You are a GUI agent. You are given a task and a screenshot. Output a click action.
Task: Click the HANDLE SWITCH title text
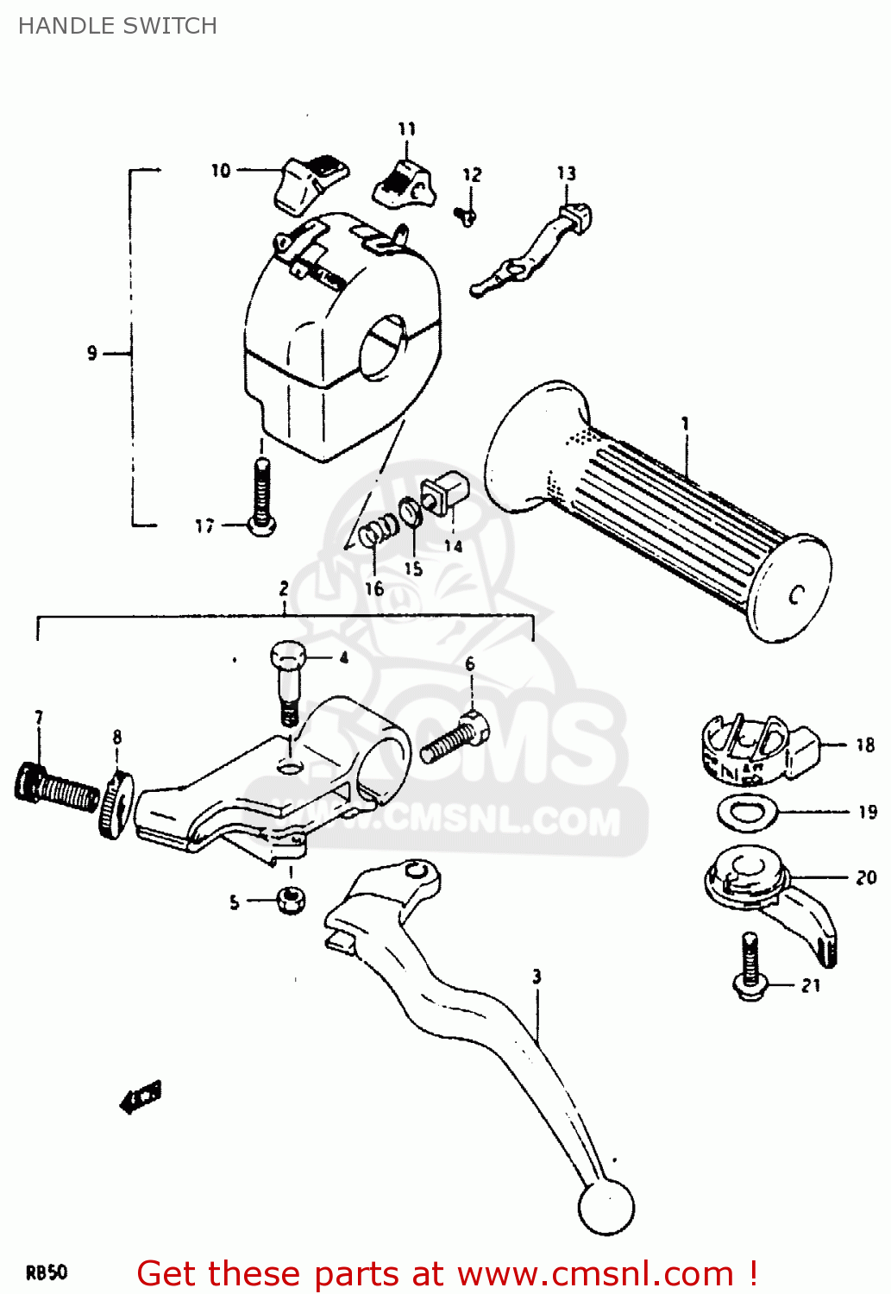point(117,26)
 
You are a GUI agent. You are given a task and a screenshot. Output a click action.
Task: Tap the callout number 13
point(566,173)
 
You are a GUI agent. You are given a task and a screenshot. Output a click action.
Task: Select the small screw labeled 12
point(467,215)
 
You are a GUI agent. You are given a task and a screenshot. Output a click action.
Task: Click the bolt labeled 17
point(261,496)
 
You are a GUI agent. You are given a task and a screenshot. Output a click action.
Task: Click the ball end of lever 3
point(606,1207)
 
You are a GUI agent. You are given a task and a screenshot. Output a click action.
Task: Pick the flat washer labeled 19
point(747,812)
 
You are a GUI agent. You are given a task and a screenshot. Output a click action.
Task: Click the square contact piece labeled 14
point(443,494)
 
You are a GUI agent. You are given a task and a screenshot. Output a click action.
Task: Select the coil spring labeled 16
point(379,531)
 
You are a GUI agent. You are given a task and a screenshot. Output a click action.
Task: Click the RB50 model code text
point(47,1272)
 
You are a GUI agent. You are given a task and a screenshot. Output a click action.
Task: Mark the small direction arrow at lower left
point(141,1097)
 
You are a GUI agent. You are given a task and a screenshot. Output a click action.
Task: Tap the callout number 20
point(865,877)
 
